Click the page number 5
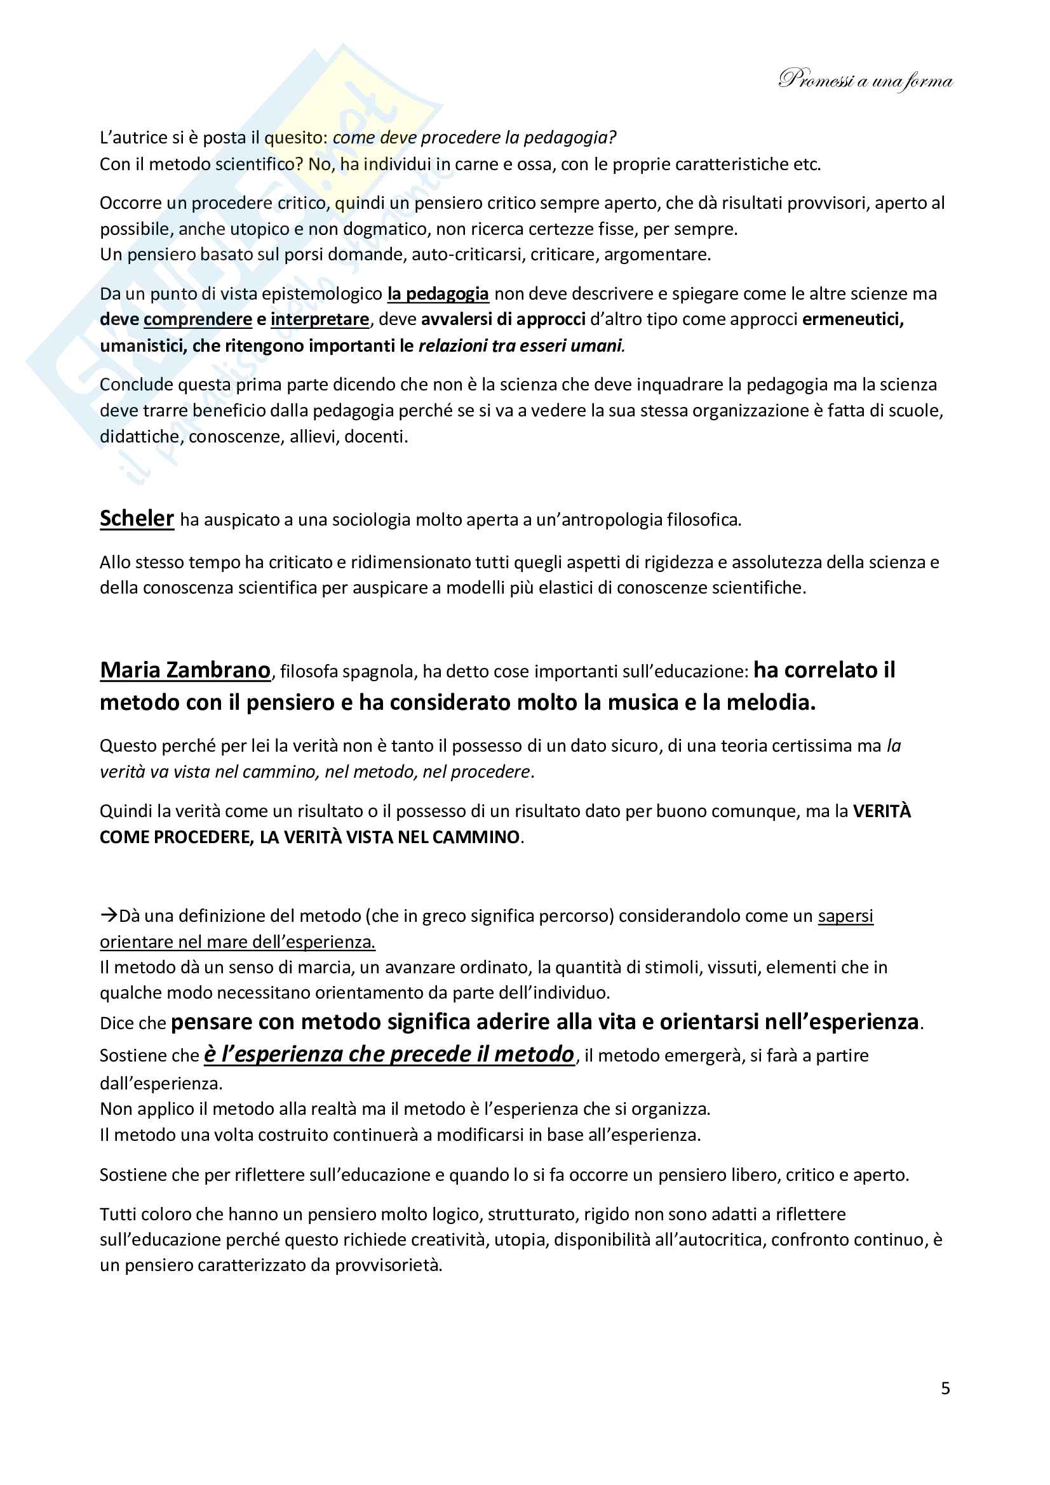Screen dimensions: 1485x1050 [945, 1388]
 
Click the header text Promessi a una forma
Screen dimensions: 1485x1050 [866, 80]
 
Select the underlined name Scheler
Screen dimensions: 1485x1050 [137, 518]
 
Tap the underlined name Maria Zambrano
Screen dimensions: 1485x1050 [185, 670]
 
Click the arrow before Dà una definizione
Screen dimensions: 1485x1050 [108, 916]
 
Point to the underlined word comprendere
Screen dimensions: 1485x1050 [198, 319]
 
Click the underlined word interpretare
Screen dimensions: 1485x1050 [320, 319]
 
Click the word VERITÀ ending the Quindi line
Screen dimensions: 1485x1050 [881, 811]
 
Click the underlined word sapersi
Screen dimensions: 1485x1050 [845, 916]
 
